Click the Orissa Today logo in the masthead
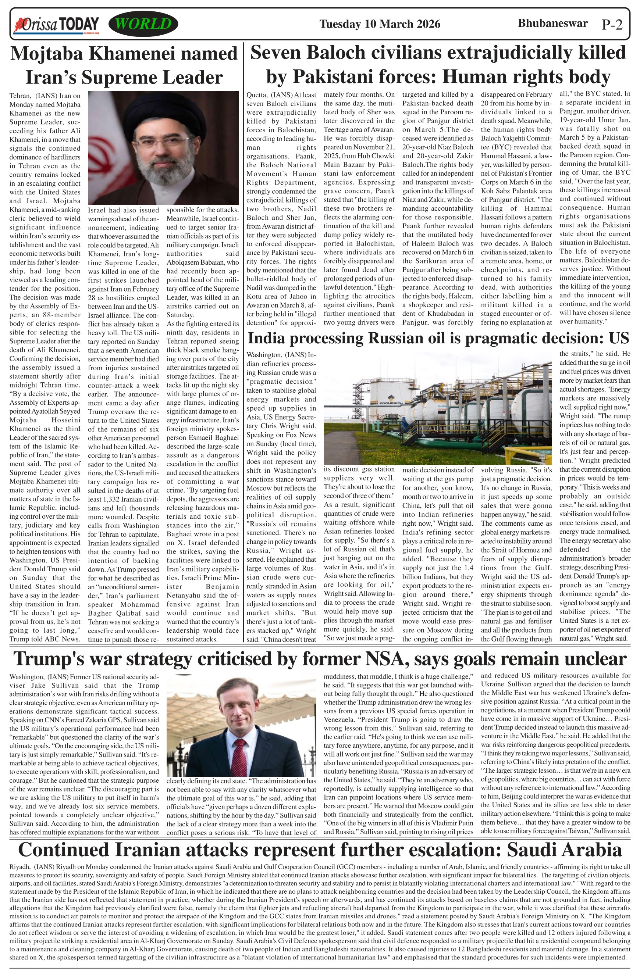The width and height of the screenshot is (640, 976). (x=57, y=25)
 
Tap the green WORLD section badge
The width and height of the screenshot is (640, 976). (x=143, y=24)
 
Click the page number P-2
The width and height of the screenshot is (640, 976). (x=612, y=25)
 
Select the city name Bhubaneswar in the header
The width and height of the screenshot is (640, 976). (x=552, y=23)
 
